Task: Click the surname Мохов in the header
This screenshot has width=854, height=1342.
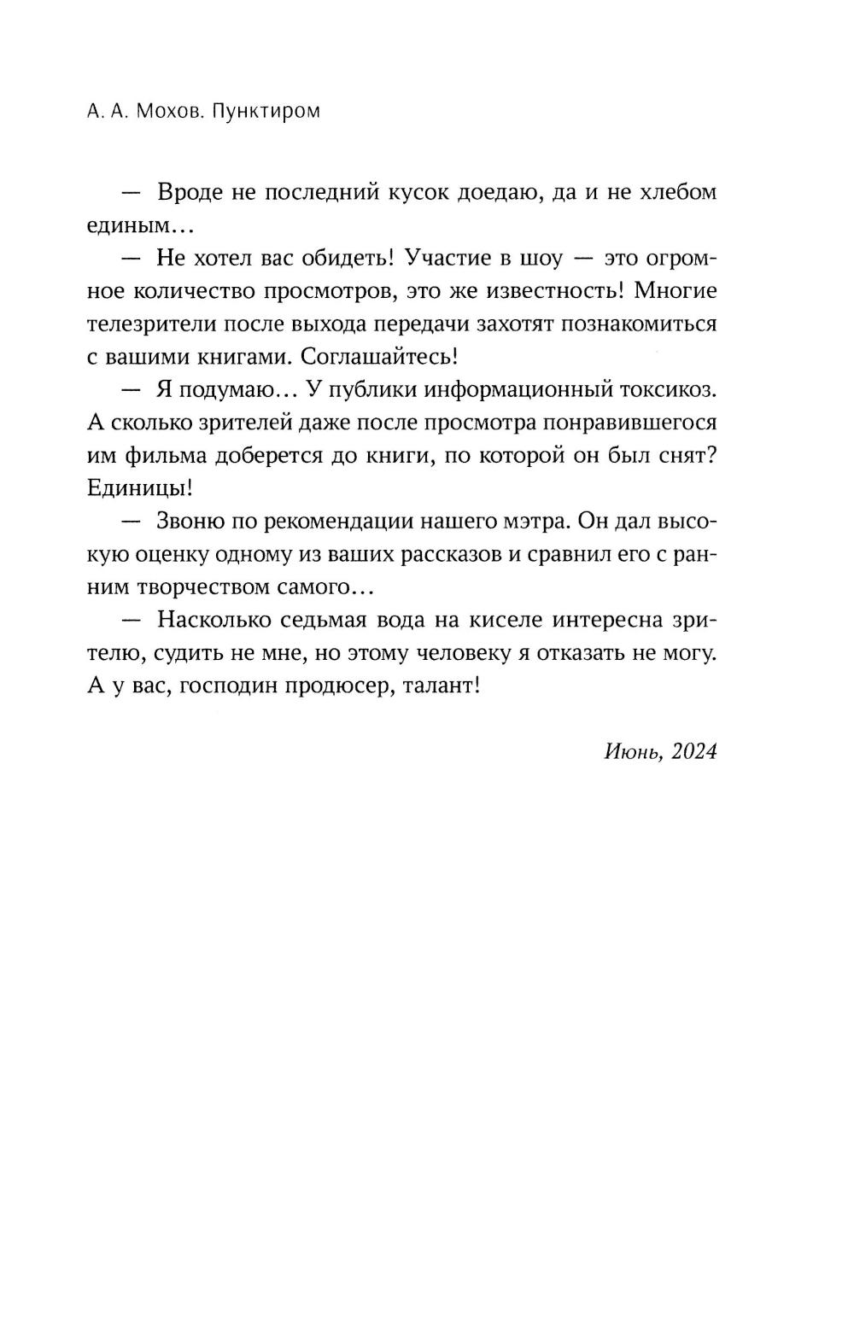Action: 167,112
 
